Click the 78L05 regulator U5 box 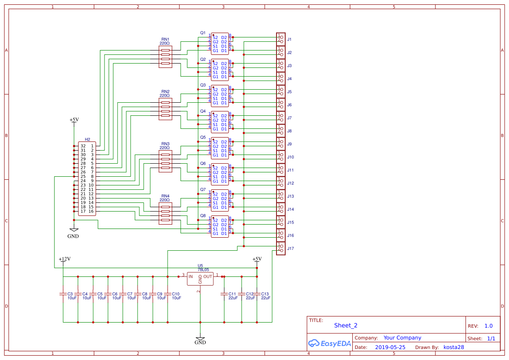click(200, 279)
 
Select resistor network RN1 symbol click(165, 57)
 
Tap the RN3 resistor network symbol click(165, 161)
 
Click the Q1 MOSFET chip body click(220, 44)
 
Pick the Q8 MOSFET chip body click(220, 227)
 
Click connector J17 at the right click(281, 248)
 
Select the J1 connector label click(289, 40)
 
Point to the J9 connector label click(289, 144)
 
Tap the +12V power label click(64, 259)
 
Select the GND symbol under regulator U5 click(200, 340)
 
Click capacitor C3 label click(70, 294)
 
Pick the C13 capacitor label click(265, 294)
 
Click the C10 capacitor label click(176, 294)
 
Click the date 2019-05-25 click(390, 347)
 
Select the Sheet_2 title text click(346, 325)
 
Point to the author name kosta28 click(454, 347)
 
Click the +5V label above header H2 click(74, 120)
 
